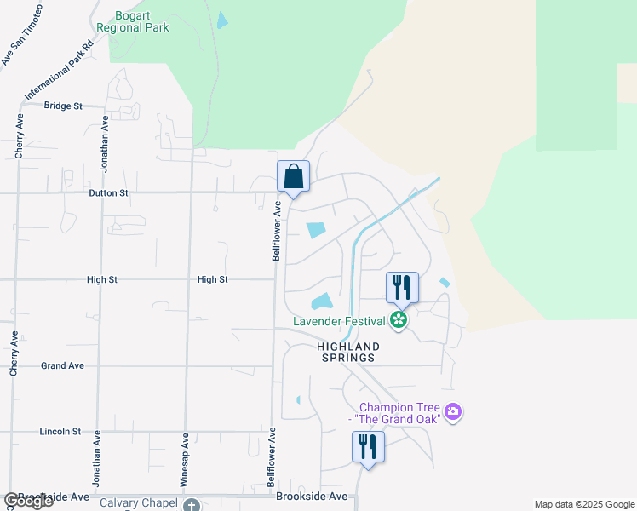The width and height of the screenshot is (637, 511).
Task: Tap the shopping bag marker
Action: (293, 177)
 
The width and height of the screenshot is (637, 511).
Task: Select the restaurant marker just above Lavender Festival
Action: (402, 288)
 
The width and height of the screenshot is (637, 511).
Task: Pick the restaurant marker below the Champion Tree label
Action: (368, 447)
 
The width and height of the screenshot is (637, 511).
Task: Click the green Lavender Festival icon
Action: (398, 321)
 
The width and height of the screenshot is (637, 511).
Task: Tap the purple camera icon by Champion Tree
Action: (453, 413)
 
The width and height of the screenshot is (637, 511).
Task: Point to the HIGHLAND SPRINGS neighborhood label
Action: (347, 352)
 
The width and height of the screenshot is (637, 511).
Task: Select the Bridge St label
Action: (63, 106)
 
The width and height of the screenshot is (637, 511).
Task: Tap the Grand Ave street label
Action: (62, 366)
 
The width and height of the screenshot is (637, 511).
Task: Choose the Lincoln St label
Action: (60, 432)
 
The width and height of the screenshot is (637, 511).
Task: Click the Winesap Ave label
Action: (185, 461)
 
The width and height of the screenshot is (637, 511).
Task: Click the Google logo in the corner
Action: (27, 501)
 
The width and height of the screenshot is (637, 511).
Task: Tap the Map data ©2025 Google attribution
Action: (584, 504)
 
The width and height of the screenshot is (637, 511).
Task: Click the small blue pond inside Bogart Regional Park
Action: (222, 20)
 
